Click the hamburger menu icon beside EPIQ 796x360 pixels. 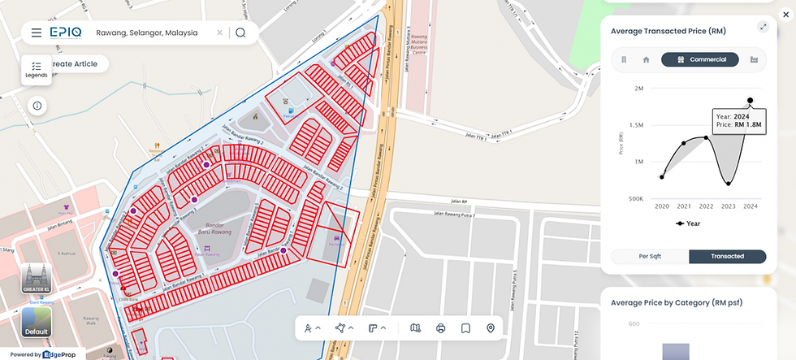36,33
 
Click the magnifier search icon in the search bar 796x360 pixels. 240,33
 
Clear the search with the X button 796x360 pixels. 219,33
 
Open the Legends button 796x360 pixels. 36,70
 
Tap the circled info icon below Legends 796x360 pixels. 37,106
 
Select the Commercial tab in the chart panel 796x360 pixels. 699,59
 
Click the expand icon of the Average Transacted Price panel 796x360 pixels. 763,27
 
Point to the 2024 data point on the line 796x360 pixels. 750,101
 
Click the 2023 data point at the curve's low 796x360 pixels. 728,184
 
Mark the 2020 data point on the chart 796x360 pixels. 662,176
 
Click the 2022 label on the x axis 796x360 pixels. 706,206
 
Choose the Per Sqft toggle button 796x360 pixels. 650,256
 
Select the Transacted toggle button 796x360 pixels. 727,256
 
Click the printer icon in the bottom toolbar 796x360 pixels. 441,328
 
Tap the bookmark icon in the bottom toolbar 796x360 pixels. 465,328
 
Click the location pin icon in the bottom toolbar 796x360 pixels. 490,328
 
